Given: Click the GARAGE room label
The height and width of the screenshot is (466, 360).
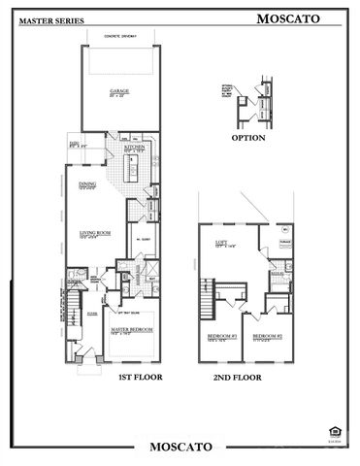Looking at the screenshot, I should (x=118, y=90).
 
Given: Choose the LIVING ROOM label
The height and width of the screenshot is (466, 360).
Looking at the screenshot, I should (x=89, y=231).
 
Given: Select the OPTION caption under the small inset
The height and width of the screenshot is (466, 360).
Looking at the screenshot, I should (x=249, y=138).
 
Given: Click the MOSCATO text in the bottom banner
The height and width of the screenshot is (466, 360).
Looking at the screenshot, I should (x=180, y=447).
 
